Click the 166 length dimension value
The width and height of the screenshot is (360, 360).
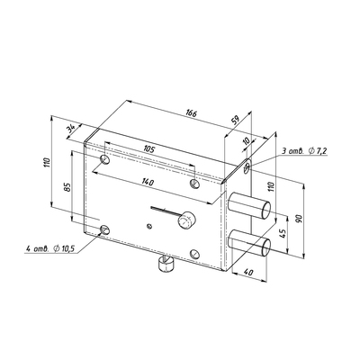pyautogui.click(x=191, y=113)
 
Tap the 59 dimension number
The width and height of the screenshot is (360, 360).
pyautogui.click(x=236, y=121)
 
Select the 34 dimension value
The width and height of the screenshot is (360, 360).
pyautogui.click(x=71, y=129)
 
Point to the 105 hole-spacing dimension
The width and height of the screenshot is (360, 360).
pyautogui.click(x=149, y=149)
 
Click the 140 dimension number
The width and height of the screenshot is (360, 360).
pyautogui.click(x=148, y=182)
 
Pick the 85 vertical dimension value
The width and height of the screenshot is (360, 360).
pyautogui.click(x=67, y=187)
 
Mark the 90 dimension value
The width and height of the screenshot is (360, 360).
pyautogui.click(x=299, y=218)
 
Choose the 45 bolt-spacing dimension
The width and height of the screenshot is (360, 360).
pyautogui.click(x=282, y=233)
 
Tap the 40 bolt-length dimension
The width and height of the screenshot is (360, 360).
pyautogui.click(x=247, y=273)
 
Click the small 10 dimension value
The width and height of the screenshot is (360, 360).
pyautogui.click(x=247, y=141)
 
